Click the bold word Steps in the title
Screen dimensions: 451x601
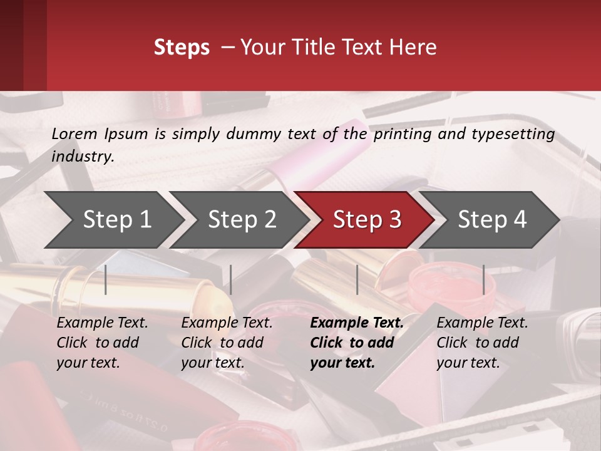tap(182, 48)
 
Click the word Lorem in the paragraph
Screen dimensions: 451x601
tap(74, 133)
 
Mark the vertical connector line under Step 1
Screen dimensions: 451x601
tap(106, 279)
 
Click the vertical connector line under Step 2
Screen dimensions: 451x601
tap(231, 279)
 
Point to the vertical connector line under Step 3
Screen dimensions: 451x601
tap(357, 279)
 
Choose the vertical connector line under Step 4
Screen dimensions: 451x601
tap(483, 279)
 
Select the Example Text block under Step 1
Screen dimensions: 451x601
tap(102, 343)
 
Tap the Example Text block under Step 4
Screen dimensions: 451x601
tap(482, 343)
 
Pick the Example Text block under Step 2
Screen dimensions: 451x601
tap(227, 343)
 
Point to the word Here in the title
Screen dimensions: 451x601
tap(416, 48)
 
